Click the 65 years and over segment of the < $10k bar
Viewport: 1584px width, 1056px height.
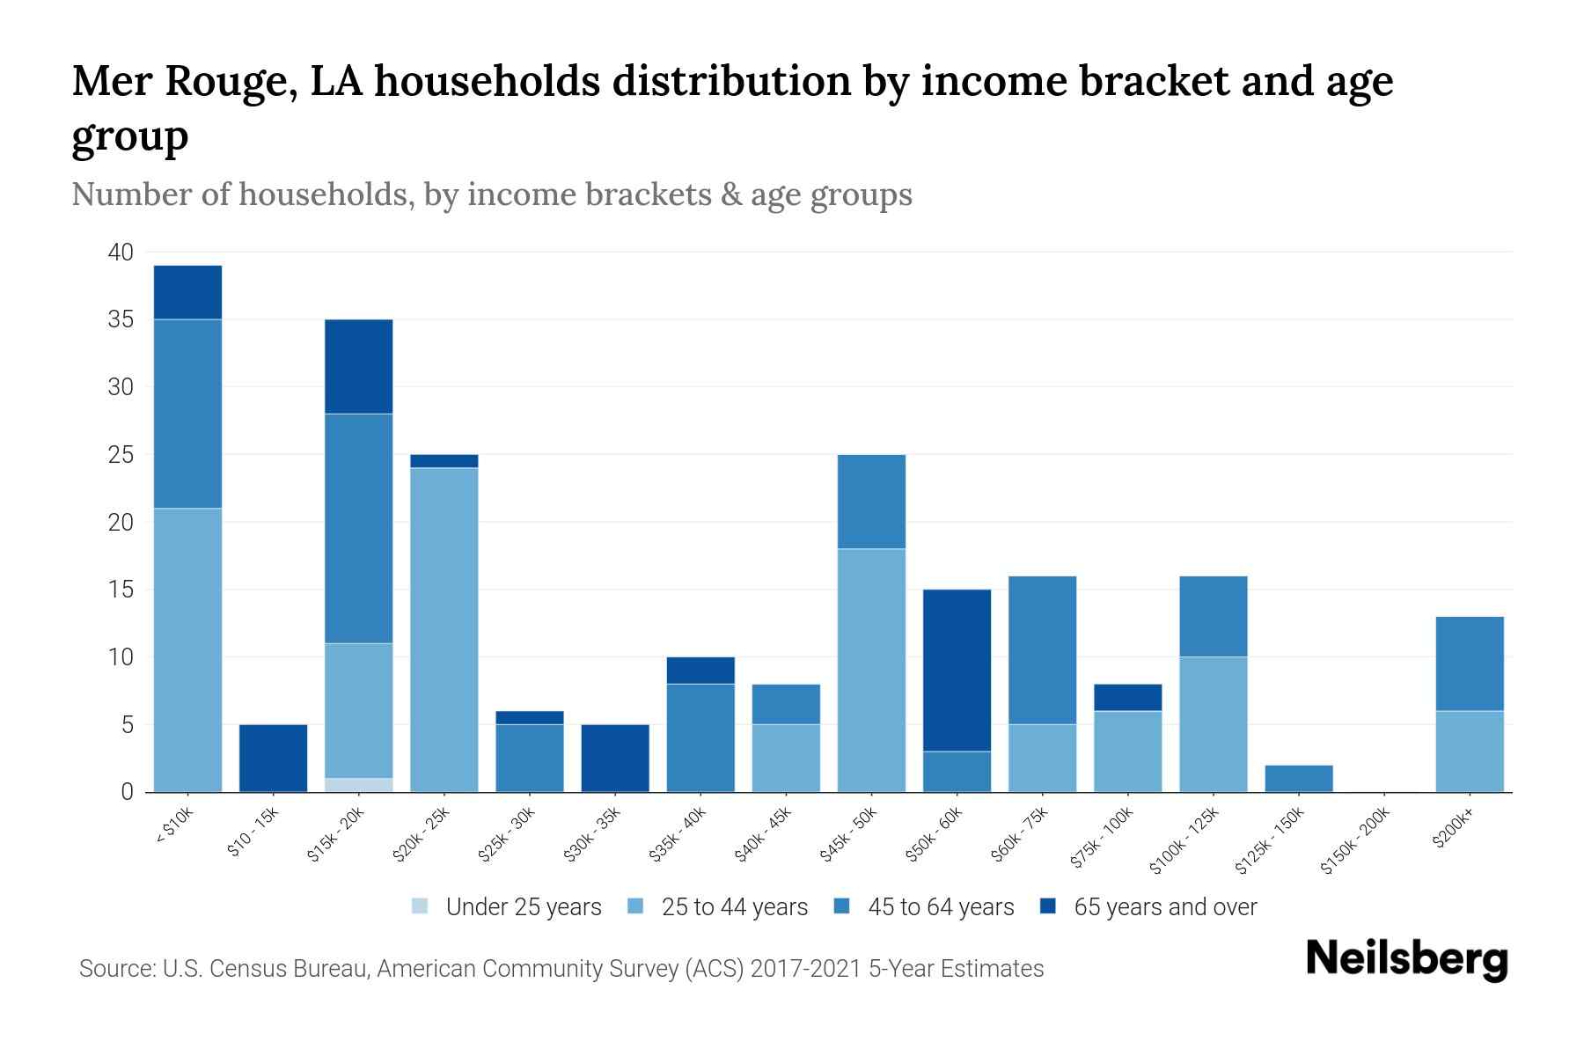(x=187, y=292)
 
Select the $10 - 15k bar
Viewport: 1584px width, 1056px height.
(x=273, y=758)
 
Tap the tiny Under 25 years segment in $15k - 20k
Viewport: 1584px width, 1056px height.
(x=358, y=785)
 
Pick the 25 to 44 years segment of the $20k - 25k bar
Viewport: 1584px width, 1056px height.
(x=444, y=629)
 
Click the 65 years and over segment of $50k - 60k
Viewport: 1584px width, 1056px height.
(x=957, y=670)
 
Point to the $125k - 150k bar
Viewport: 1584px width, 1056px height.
(x=1298, y=779)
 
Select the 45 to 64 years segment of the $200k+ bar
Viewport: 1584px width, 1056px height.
(x=1469, y=664)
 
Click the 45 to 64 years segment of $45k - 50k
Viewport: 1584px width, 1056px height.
(x=871, y=502)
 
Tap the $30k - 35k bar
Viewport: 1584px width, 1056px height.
(x=615, y=758)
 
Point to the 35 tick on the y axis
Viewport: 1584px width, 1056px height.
(x=121, y=319)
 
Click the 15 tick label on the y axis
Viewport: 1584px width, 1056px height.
(x=121, y=590)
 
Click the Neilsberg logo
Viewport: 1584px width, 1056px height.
(x=1406, y=959)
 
